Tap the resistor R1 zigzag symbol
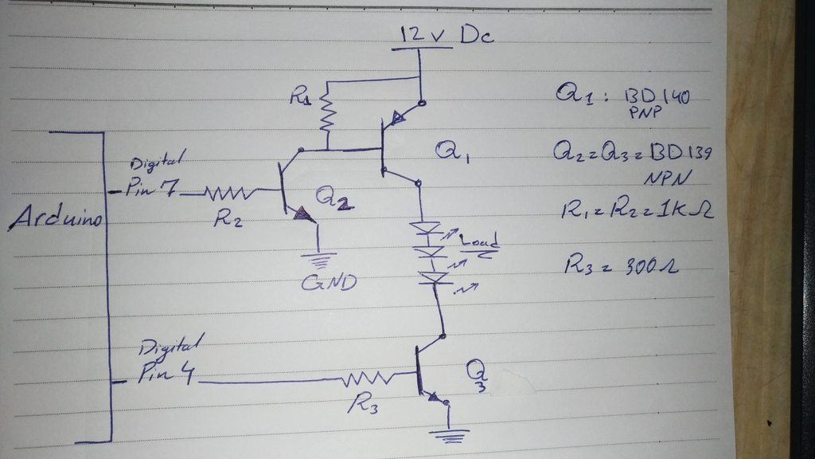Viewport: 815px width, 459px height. (326, 114)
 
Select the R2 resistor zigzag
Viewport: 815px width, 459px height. (229, 192)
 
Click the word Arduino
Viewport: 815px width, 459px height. (56, 221)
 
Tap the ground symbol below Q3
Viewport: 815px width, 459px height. (449, 434)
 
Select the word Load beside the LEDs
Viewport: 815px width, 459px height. (477, 241)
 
